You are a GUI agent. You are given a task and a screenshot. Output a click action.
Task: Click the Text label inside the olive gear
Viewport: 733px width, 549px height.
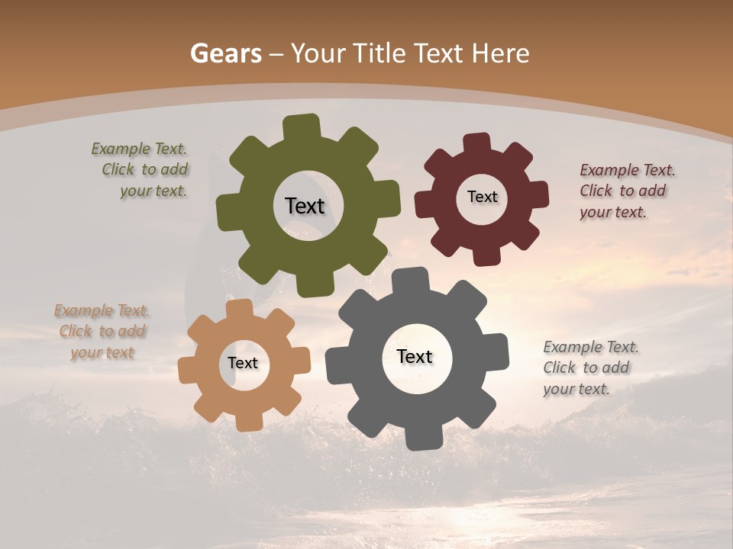tap(305, 206)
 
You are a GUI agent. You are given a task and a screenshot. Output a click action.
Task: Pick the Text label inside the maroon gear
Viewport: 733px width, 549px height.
tap(482, 197)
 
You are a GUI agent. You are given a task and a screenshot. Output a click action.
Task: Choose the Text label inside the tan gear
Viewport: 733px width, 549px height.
tap(243, 364)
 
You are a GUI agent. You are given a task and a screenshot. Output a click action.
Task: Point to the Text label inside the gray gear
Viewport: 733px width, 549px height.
tap(415, 357)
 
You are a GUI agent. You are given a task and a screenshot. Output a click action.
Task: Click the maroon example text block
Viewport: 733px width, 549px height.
tap(627, 191)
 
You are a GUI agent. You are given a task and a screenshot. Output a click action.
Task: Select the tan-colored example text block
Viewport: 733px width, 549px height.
tap(102, 332)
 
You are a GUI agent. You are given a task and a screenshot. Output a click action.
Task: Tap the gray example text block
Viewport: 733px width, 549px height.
tap(591, 368)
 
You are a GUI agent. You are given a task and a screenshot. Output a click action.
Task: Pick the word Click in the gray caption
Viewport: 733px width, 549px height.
tap(559, 368)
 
